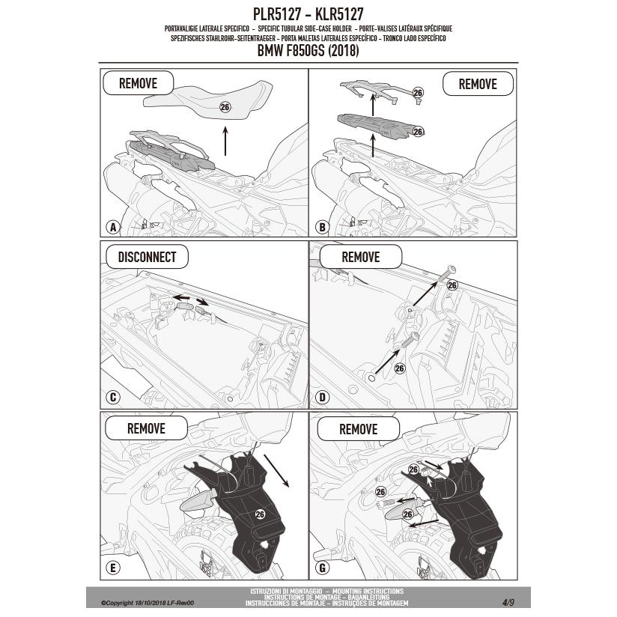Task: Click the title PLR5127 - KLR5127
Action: (308, 14)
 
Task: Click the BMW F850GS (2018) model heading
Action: (308, 51)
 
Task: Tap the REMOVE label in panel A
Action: (138, 83)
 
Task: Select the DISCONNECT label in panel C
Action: (148, 257)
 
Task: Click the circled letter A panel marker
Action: (113, 227)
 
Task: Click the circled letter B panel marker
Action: (322, 227)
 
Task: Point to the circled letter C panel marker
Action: (113, 398)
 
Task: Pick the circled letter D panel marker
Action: (322, 398)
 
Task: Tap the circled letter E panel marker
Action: (113, 568)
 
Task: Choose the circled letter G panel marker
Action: (322, 568)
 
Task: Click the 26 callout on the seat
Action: (225, 107)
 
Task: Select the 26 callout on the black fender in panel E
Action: (260, 514)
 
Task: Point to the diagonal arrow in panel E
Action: (276, 471)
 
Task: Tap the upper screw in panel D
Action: (448, 274)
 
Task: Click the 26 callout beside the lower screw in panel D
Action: (400, 368)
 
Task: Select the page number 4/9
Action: (508, 602)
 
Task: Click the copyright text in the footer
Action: (148, 603)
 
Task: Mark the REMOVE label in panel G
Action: (359, 429)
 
